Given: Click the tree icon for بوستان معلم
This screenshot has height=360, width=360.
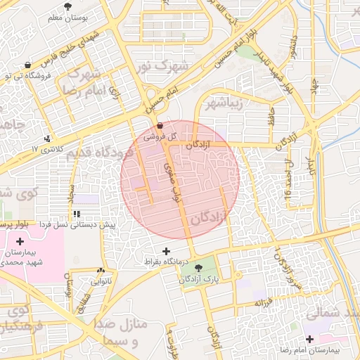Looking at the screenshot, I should point(67,6).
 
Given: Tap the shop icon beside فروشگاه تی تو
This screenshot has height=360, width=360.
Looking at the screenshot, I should point(27,65).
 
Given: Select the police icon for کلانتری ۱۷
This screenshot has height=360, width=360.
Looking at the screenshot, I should point(47,139).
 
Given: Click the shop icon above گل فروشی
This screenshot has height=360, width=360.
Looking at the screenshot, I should point(160,126).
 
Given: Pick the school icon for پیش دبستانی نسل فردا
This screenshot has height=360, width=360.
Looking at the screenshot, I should point(77,213).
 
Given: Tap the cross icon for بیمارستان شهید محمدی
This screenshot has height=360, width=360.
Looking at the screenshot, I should point(19,241).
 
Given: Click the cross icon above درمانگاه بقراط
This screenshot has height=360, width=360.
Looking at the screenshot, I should point(166,251).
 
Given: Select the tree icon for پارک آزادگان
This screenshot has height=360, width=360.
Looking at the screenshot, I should point(198,267).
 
